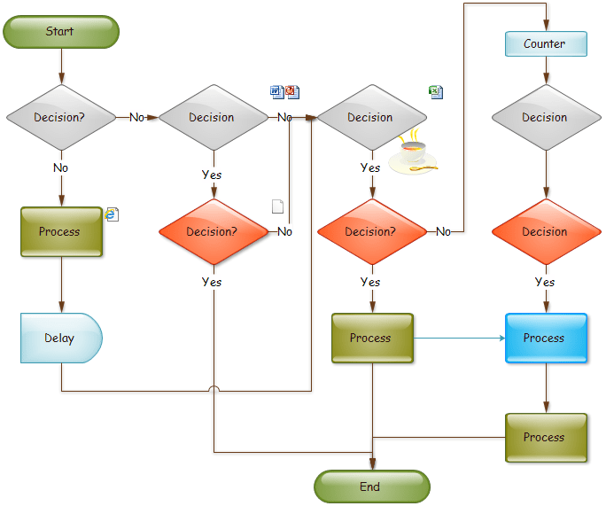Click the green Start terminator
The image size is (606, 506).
[x=60, y=32]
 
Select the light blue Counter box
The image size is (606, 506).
[x=546, y=44]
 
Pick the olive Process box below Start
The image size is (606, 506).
[x=61, y=232]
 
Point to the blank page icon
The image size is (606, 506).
[x=277, y=206]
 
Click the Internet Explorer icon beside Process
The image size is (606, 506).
[x=112, y=214]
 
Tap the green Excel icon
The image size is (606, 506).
[x=436, y=91]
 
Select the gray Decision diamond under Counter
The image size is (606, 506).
[x=546, y=117]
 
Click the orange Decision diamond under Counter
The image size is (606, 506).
[x=546, y=232]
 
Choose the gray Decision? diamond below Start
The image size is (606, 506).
[x=61, y=117]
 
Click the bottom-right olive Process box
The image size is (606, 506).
[x=546, y=438]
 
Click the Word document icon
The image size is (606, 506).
[x=276, y=91]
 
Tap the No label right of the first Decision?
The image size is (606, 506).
[x=137, y=117]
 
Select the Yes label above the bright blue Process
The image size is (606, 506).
[x=546, y=283]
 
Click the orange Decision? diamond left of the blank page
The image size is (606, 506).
[x=213, y=232]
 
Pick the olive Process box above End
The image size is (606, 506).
[x=372, y=339]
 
